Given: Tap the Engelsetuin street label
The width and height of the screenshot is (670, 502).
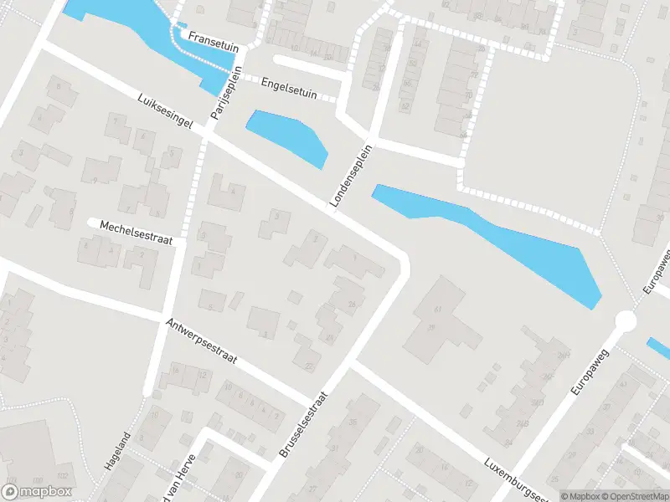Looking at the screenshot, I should click(x=289, y=89).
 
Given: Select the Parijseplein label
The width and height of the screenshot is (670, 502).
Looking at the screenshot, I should click(x=226, y=92).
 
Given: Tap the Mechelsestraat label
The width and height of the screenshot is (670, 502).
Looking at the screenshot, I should click(x=135, y=232).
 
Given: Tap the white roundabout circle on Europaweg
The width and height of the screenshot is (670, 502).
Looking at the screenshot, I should click(x=626, y=321).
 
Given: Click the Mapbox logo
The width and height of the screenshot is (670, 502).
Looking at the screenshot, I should click(x=38, y=492).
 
